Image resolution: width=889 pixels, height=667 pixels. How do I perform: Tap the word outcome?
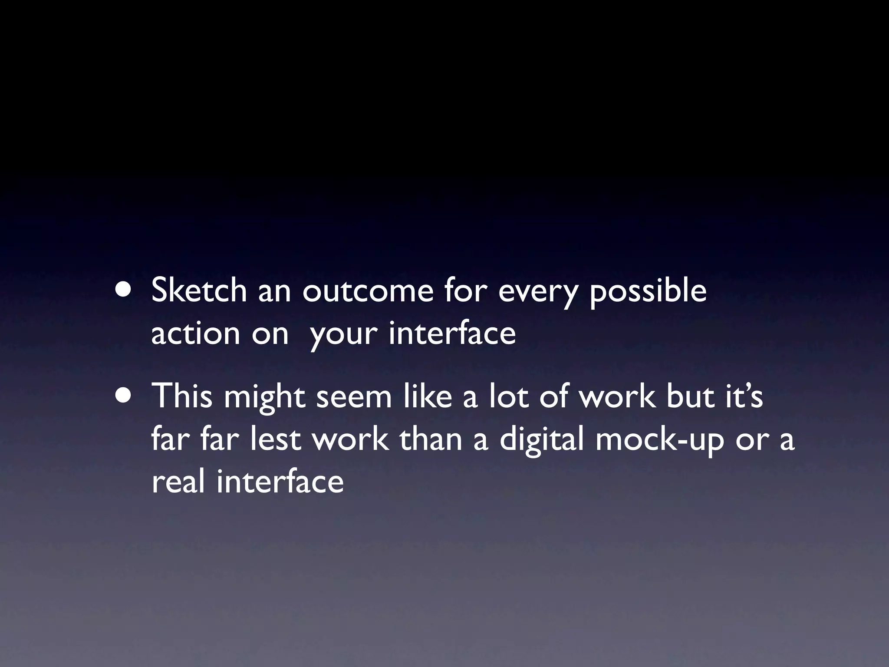tap(367, 291)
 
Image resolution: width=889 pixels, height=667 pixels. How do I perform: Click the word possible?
tap(648, 291)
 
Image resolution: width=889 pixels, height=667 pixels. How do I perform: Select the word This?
tap(182, 396)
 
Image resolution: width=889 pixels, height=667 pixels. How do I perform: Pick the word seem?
tap(354, 397)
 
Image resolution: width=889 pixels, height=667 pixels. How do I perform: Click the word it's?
tap(744, 396)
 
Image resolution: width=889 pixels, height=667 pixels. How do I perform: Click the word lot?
tap(509, 396)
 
